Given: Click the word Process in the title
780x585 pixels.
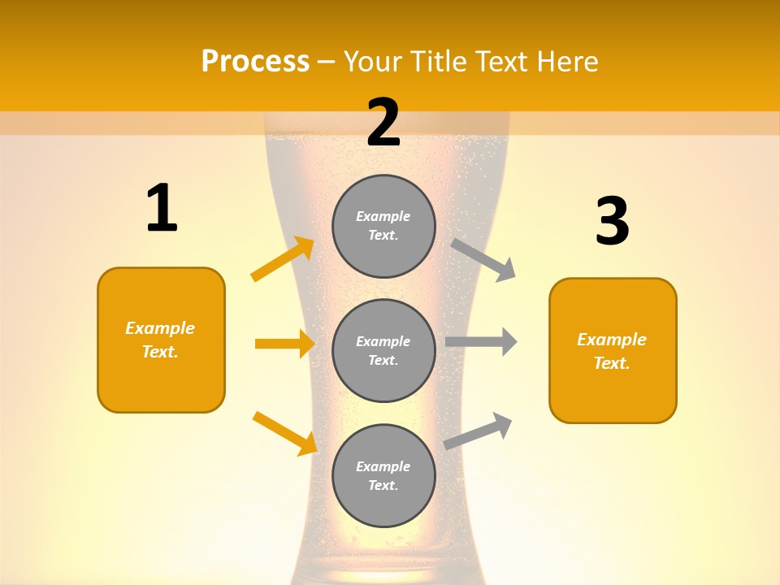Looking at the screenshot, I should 255,62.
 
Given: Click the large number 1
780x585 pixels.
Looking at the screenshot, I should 162,209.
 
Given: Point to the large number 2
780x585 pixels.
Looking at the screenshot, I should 383,123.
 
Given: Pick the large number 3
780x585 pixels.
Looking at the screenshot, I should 612,222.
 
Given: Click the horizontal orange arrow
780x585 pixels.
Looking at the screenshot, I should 284,344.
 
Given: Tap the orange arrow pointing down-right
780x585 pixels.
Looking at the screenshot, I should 284,432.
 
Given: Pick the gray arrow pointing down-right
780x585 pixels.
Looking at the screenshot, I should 483,259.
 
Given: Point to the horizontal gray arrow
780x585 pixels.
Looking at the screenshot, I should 481,342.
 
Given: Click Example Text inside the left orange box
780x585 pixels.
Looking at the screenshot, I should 160,340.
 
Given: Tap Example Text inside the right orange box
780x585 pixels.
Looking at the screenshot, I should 612,351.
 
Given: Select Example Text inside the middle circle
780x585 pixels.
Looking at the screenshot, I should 383,350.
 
